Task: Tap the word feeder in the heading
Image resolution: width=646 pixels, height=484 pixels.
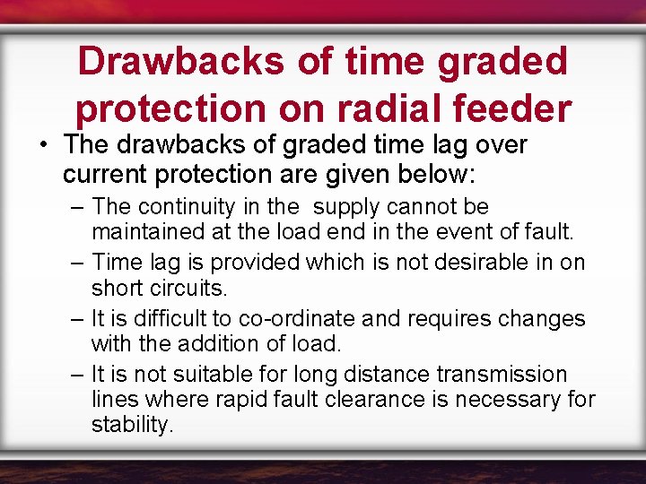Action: pyautogui.click(x=520, y=108)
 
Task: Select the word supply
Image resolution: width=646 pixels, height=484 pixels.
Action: pyautogui.click(x=348, y=207)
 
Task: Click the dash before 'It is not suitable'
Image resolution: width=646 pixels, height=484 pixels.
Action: pyautogui.click(x=77, y=375)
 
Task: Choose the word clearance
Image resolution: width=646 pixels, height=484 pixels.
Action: pyautogui.click(x=338, y=399)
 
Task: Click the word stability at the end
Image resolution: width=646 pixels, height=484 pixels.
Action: pyautogui.click(x=131, y=424)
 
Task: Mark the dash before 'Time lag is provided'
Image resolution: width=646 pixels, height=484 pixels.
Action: pyautogui.click(x=77, y=263)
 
